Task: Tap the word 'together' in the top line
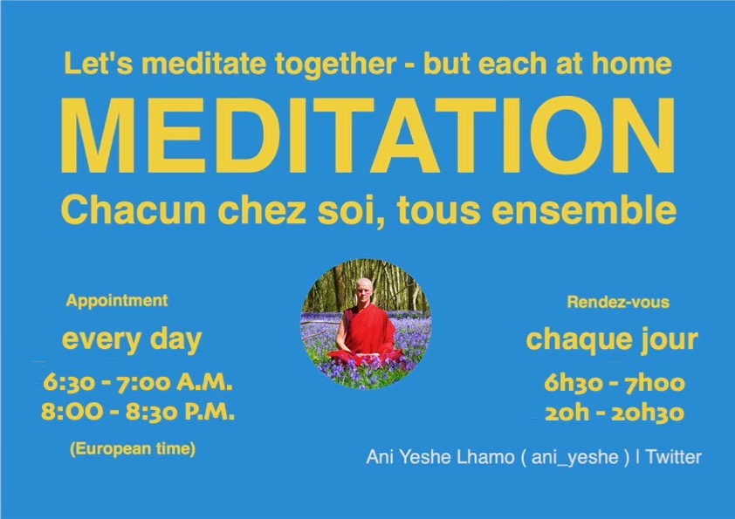click(x=335, y=64)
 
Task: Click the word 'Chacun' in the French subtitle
click(x=134, y=210)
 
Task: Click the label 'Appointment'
click(x=117, y=300)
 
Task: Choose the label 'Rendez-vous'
click(x=618, y=302)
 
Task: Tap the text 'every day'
click(x=132, y=340)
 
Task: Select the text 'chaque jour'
click(x=612, y=340)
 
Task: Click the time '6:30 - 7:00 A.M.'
click(x=138, y=383)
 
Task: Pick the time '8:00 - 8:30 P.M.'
click(x=137, y=413)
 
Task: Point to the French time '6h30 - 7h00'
click(x=615, y=383)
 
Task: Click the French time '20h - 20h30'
click(x=615, y=413)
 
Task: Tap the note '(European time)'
click(x=133, y=449)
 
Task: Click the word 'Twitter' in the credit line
click(x=674, y=457)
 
